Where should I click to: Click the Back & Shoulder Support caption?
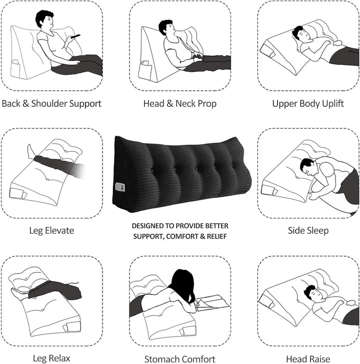click(51, 104)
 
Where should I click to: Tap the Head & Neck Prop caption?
click(180, 104)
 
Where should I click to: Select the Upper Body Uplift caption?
click(308, 104)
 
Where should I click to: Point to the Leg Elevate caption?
click(51, 231)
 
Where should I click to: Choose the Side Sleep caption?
click(308, 231)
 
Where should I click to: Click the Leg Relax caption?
click(51, 358)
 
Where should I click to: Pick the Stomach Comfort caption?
click(180, 359)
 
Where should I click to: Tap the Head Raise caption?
click(308, 359)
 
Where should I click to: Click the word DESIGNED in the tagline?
click(146, 226)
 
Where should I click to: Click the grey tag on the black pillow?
click(119, 187)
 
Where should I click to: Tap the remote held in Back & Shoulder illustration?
click(75, 36)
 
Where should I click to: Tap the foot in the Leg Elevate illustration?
click(31, 150)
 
